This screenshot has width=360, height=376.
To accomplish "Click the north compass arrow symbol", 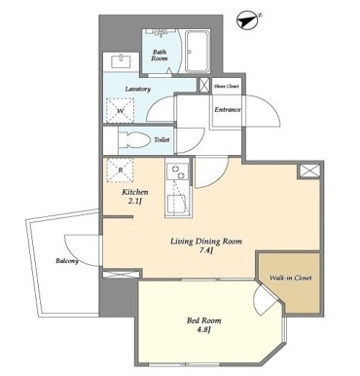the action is (x=249, y=20).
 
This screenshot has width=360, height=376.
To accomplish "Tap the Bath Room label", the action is (x=160, y=56).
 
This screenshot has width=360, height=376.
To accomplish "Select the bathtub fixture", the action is (x=198, y=51).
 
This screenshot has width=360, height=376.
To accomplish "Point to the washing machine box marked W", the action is (x=120, y=110).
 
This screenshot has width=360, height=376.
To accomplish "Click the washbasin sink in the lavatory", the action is (x=121, y=61).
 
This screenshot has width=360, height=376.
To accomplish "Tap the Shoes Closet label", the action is (x=227, y=86).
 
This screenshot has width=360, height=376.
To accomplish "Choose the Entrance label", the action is (x=228, y=110).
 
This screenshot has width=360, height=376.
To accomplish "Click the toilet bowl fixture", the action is (x=134, y=140).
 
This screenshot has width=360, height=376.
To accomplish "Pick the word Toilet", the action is (x=162, y=140).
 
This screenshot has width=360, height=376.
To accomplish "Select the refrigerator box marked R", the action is (x=120, y=169).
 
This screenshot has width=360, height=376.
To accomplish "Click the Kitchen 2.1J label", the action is (x=135, y=197).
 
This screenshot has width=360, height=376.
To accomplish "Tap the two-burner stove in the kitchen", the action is (x=177, y=172).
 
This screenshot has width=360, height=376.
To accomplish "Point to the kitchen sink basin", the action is (x=178, y=204).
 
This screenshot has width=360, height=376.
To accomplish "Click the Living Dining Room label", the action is (x=206, y=242).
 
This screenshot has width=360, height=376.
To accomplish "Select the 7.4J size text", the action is (x=206, y=251).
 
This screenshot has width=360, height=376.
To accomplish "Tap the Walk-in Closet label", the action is (x=291, y=278).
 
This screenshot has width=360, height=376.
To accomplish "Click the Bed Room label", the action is (x=203, y=320).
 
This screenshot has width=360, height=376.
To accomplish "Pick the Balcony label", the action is (x=67, y=261).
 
